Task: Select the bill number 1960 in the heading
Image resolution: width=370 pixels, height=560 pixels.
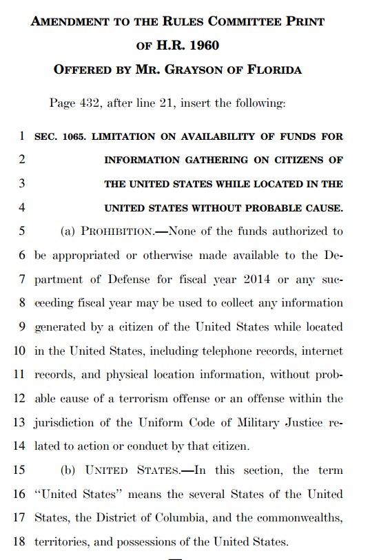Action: coord(205,45)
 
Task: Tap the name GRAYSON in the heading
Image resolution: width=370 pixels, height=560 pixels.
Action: coord(210,70)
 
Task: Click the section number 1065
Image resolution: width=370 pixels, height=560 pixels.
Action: coord(72,136)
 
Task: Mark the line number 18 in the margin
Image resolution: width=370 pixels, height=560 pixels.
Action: coord(19,541)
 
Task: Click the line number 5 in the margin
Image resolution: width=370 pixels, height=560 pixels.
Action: coord(22,231)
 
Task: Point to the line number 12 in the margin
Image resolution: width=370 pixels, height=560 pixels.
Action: coord(19,398)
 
